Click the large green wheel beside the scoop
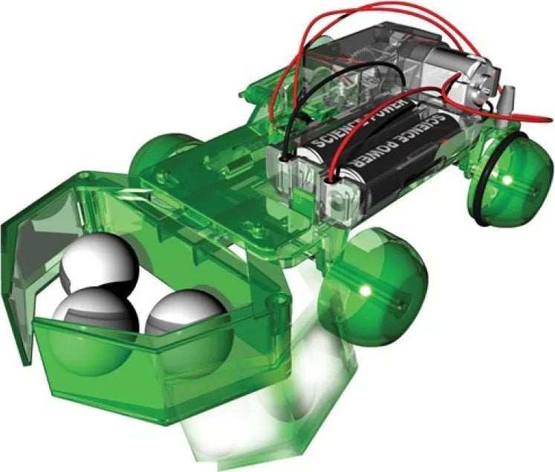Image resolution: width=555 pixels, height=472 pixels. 375,286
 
